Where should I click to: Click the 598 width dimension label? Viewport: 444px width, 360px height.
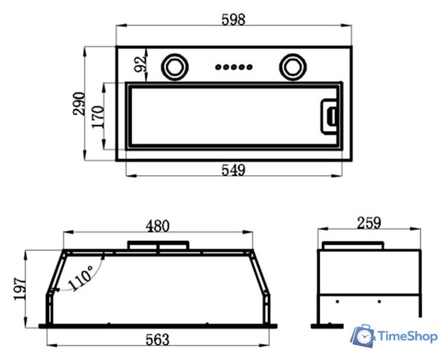pos(233,20)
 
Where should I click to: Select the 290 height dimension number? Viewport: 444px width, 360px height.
pos(79,103)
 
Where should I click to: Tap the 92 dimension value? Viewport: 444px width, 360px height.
pos(140,65)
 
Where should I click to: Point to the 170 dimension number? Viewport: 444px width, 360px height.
pos(98,117)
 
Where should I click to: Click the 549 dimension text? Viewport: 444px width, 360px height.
pos(233,170)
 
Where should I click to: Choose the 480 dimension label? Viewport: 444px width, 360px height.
pos(157,226)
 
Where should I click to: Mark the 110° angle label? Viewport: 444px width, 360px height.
pos(81,278)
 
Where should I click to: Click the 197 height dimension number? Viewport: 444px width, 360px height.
pos(20,289)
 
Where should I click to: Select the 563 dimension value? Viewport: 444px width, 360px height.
pos(157,340)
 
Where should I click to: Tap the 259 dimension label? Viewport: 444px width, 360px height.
pos(369,223)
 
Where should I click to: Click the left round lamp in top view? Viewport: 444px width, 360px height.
pos(174,67)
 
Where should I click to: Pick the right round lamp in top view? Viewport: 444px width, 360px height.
pos(293,67)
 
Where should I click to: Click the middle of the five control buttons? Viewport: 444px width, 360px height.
pos(234,67)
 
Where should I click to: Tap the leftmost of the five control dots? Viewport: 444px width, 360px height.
pos(218,67)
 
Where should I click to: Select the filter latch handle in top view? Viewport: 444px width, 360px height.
pos(329,116)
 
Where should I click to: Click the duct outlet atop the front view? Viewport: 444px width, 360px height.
pos(158,245)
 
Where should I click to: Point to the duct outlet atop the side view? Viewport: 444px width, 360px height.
pos(353,245)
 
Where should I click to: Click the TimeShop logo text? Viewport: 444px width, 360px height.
pos(408,337)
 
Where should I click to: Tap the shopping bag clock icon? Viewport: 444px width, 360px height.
pos(363,336)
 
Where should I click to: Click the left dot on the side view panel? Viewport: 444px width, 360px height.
pos(337,301)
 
